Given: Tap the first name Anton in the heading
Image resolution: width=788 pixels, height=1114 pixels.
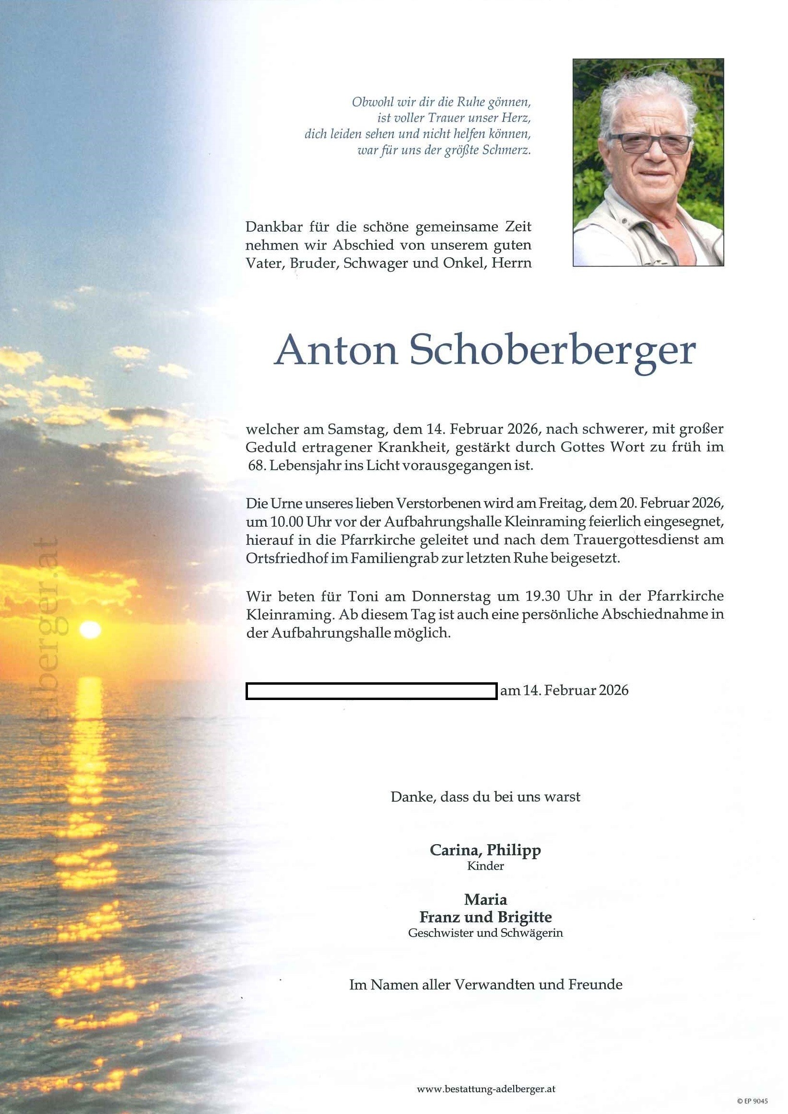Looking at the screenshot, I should point(336,350).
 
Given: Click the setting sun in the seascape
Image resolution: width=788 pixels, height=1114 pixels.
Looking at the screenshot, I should point(90,630).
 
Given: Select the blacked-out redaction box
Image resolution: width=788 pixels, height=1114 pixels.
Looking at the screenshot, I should point(371,690).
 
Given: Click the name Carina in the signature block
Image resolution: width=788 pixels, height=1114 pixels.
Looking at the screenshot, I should point(455,850).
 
